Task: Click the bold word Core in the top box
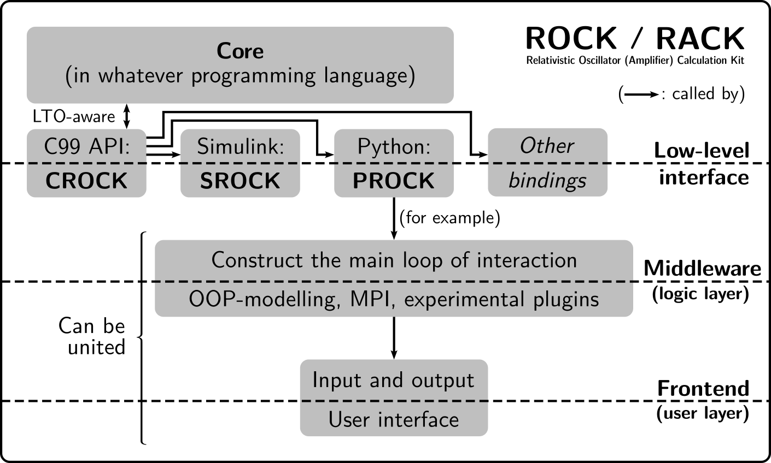click(240, 51)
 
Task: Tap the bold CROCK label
click(86, 181)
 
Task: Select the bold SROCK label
click(240, 181)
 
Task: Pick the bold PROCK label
click(394, 181)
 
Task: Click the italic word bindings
click(547, 180)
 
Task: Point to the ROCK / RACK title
click(635, 38)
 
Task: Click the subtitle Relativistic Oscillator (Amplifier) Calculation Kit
click(635, 60)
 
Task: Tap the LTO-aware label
click(74, 116)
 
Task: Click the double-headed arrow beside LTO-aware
click(127, 116)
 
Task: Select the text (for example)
click(450, 218)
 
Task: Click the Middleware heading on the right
click(702, 268)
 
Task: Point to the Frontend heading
click(703, 388)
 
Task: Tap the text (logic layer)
click(700, 294)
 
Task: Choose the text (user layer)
click(702, 413)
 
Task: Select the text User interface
click(394, 419)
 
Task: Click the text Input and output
click(394, 380)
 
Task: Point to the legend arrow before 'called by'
click(640, 94)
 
